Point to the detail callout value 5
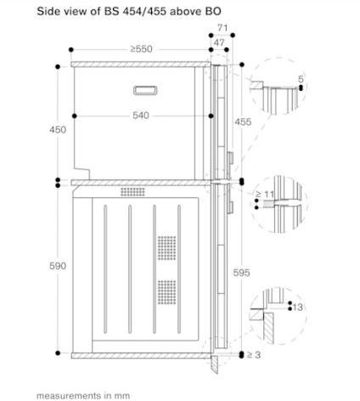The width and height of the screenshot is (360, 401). click(x=300, y=79)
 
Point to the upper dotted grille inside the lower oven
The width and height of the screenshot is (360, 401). click(x=165, y=248)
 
